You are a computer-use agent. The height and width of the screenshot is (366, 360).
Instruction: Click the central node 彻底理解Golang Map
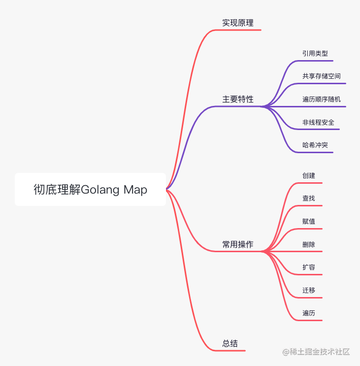90,190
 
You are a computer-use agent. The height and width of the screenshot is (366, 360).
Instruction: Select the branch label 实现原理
238,23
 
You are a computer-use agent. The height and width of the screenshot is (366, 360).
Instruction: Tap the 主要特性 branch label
238,99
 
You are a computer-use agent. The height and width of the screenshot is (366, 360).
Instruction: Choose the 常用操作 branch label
238,244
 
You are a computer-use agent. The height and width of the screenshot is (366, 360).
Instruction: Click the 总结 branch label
230,343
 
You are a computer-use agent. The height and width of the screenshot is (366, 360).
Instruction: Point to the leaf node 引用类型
315,53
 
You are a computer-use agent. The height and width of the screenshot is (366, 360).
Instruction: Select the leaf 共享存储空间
322,76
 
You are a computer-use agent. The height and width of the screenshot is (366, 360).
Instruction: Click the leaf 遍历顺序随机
322,99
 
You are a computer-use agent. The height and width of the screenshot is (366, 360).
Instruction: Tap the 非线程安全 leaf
318,122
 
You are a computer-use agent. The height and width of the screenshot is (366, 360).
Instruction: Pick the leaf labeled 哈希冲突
315,145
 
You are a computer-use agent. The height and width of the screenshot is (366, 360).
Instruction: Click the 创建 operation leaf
309,175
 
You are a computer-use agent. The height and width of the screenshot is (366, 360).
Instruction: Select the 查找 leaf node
309,198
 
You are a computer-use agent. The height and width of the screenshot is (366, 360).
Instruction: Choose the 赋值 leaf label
309,221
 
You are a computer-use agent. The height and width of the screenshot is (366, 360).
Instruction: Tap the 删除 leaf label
309,244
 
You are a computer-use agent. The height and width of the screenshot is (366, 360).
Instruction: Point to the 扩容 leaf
309,267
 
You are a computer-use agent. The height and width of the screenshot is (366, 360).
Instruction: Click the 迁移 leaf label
309,290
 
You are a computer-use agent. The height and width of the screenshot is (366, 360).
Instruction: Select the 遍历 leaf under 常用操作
309,313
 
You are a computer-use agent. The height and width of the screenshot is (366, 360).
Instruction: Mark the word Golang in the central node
100,190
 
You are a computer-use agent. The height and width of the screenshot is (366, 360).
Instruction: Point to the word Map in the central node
135,190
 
